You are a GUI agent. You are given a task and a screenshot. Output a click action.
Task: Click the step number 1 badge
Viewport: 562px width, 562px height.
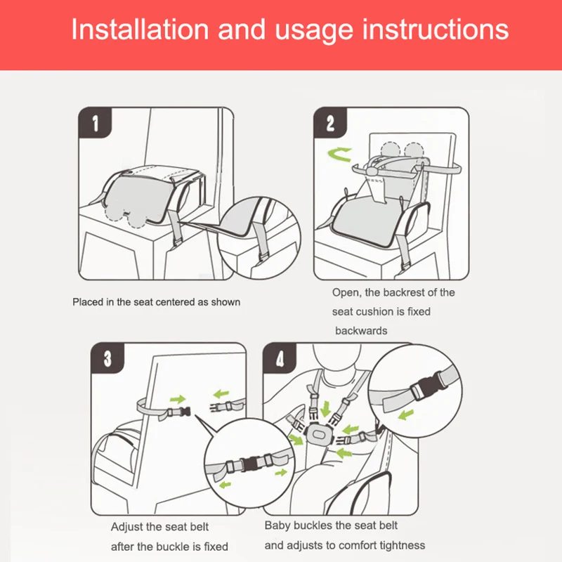(95, 122)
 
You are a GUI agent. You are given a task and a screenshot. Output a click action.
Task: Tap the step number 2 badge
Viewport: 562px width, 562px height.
(330, 122)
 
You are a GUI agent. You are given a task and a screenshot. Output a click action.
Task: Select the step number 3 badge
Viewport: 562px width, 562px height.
(107, 358)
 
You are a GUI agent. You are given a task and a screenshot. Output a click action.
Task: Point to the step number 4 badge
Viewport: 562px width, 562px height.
(280, 358)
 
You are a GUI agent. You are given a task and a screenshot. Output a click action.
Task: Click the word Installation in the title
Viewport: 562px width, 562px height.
(140, 30)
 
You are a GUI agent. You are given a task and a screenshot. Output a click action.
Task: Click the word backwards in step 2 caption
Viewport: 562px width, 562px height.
(361, 330)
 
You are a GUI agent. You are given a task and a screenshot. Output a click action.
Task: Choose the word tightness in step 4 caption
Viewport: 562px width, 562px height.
(403, 545)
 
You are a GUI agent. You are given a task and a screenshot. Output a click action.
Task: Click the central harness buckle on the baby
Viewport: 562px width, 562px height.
(318, 434)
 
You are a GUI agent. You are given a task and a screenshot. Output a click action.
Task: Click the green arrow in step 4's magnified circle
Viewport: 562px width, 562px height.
(406, 415)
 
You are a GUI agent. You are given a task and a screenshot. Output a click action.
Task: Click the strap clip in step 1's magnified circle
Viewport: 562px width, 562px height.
(263, 257)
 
